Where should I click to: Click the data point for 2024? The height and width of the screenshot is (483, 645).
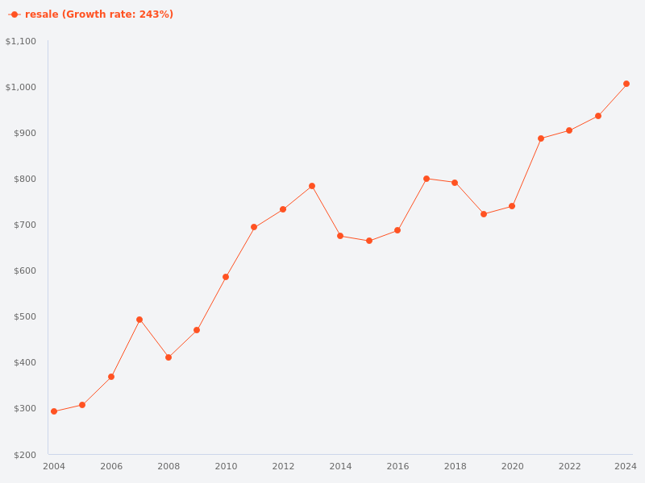[626, 84]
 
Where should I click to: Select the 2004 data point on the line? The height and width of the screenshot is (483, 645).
[54, 411]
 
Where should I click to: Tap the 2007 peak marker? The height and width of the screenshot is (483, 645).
[139, 320]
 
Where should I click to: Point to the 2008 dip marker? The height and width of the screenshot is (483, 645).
[169, 357]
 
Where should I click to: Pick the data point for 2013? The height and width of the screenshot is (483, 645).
[312, 186]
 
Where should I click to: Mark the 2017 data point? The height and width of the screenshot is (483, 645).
[427, 179]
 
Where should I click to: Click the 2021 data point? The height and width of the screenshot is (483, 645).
[541, 138]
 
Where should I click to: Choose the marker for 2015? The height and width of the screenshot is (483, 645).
[369, 241]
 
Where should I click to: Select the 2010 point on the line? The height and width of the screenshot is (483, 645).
[226, 277]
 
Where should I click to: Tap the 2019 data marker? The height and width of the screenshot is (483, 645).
[484, 214]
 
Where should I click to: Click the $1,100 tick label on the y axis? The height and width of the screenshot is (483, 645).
[20, 41]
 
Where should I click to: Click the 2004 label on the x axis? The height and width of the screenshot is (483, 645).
[54, 466]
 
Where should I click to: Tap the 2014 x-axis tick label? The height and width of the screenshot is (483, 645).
[340, 466]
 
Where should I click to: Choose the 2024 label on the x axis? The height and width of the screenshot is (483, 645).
[626, 466]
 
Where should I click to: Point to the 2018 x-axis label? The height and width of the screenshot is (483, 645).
[455, 466]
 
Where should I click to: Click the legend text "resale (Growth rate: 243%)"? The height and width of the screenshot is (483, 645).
[99, 14]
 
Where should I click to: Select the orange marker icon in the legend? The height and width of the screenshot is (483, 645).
[15, 14]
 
